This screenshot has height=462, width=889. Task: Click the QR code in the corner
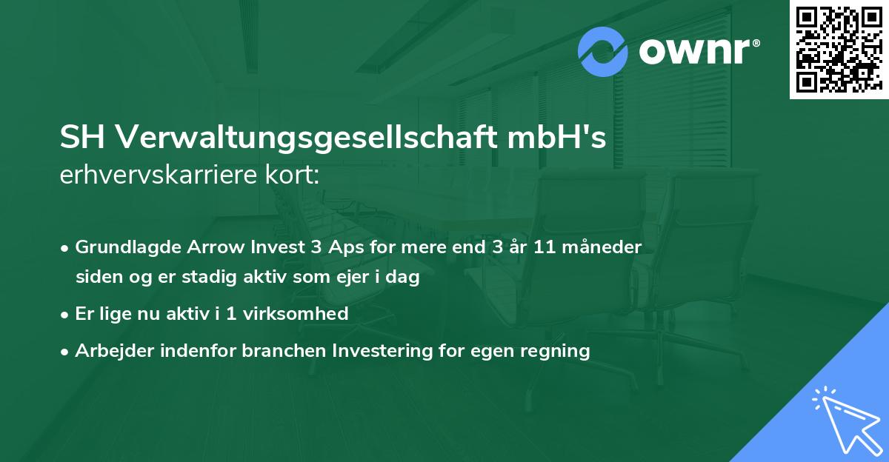837,49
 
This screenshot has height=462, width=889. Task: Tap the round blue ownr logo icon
603,52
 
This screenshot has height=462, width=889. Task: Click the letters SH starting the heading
84,138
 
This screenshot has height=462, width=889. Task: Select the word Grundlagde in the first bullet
121,247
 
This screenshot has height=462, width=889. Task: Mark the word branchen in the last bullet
276,351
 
